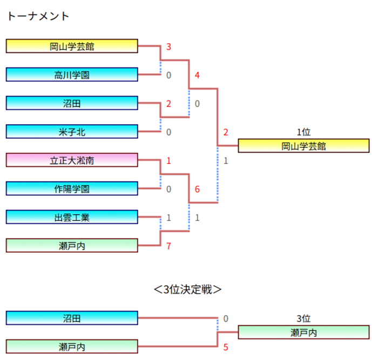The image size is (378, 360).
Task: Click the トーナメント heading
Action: pos(38,16)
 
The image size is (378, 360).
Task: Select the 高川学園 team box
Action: pos(72,74)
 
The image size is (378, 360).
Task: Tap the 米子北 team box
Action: pos(72,131)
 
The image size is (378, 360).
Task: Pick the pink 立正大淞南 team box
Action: pos(72,160)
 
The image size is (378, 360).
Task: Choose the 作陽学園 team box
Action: pos(72,188)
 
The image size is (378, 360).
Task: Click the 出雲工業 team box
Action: pos(72,218)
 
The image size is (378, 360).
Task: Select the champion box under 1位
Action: pos(303,146)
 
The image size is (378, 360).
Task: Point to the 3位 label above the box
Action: pos(303,319)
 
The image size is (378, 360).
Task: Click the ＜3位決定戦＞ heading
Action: pos(188,289)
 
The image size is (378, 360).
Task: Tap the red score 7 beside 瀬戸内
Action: pos(169,246)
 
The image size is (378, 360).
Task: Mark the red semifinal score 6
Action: pos(197,189)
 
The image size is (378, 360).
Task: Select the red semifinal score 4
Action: pos(197,75)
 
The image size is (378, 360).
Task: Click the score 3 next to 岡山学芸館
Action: pos(169,47)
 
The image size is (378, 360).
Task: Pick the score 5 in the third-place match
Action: pos(226,347)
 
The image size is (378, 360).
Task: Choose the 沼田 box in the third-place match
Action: pos(72,318)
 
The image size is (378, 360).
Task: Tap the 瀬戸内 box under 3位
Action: pos(303,332)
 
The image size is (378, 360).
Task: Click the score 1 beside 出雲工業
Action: pos(169,218)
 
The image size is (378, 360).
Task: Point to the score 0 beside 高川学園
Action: pos(169,75)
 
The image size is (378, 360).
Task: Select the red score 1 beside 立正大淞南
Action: pos(169,160)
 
